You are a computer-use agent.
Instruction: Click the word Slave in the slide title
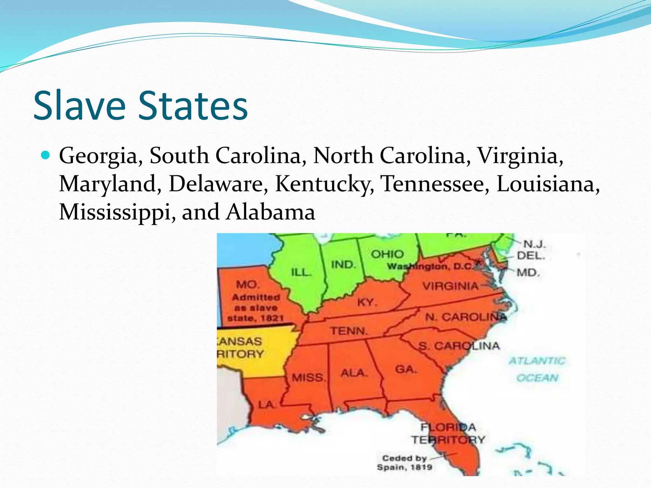79,105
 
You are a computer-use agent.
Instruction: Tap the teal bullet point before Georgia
46,155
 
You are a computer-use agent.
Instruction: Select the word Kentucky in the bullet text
324,184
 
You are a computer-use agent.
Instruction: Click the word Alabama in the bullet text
271,212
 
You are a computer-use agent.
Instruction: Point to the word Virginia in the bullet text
520,156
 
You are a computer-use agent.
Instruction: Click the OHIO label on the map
387,254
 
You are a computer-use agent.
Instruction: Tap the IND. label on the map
343,265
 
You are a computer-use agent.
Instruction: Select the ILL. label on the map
301,273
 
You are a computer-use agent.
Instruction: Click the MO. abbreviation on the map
248,284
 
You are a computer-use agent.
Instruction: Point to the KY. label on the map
367,302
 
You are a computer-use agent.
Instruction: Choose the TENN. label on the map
349,331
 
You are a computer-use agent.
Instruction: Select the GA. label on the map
406,369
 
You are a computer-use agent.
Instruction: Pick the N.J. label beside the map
534,244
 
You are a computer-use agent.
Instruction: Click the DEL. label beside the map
531,256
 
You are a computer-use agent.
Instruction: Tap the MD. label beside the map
528,273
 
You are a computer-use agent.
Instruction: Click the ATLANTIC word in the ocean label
537,361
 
